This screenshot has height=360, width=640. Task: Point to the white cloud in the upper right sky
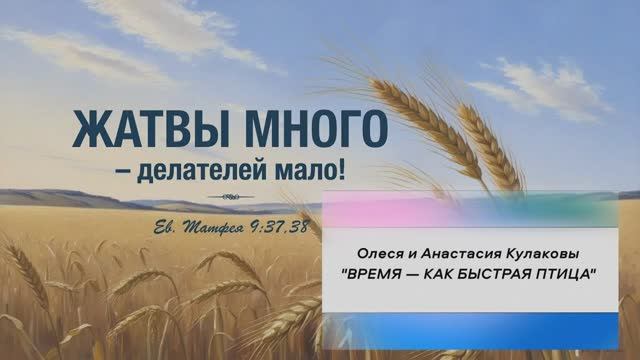point(550,85)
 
